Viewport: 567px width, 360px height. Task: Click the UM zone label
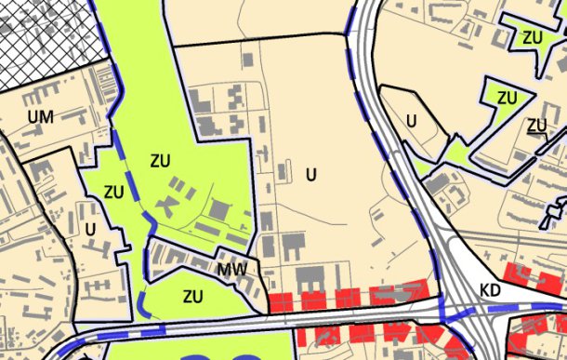(41, 116)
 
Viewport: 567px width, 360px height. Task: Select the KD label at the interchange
(492, 291)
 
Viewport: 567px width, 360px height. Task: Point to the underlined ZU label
(536, 126)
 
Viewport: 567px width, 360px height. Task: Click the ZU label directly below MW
(193, 298)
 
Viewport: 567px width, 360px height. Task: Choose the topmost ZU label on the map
(532, 37)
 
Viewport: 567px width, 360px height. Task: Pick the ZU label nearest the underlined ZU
(507, 97)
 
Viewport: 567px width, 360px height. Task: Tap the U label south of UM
(90, 228)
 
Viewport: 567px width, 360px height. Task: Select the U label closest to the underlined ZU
(411, 120)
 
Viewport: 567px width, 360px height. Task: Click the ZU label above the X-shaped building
(160, 160)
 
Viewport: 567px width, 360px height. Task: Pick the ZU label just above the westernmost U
(114, 193)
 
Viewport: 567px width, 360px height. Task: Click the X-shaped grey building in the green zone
(170, 201)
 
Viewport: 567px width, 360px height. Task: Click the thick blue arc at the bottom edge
(223, 355)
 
